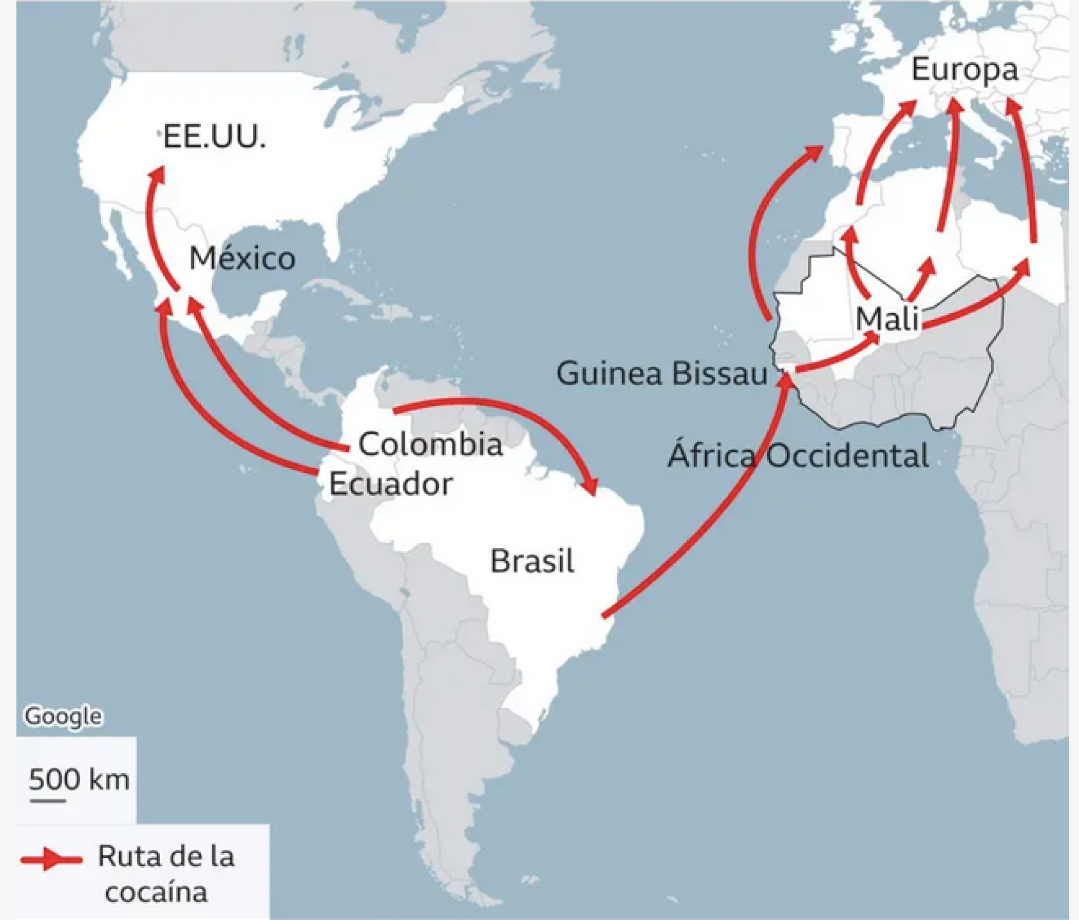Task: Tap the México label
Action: tap(242, 259)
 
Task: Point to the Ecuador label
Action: tap(390, 484)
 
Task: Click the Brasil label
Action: tap(532, 562)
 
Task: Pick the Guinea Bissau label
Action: tap(662, 374)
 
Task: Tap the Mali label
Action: tap(888, 318)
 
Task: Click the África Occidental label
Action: tap(798, 456)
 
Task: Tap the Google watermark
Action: tap(64, 717)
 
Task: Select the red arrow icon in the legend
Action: tap(51, 859)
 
